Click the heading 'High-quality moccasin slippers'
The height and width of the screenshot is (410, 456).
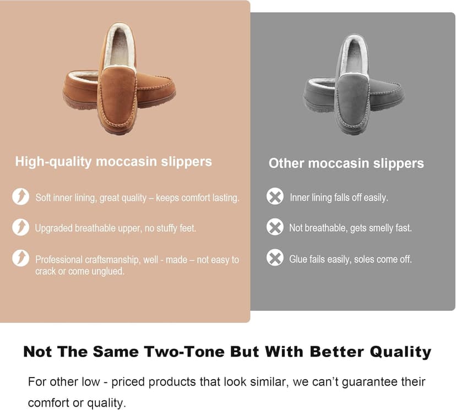point(113,161)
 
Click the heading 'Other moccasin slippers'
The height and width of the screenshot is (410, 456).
point(346,163)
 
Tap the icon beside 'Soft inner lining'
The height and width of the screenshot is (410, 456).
point(20,196)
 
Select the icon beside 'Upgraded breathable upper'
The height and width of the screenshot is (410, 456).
point(20,227)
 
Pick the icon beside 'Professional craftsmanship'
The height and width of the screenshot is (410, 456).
point(20,258)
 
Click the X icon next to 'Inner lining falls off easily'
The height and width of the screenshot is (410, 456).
point(275,196)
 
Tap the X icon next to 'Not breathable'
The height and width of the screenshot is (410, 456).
point(275,227)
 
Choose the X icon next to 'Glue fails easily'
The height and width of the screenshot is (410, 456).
point(275,258)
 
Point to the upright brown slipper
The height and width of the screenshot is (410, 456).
point(117,83)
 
